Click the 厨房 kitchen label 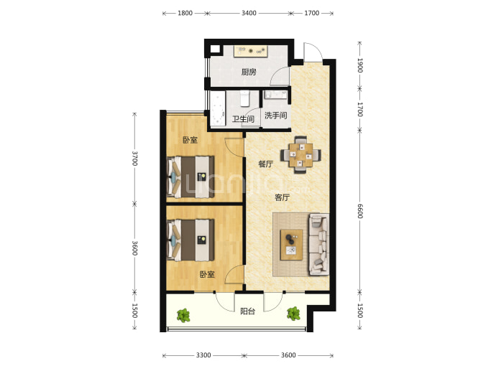click(x=249, y=72)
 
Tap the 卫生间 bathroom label click(x=243, y=119)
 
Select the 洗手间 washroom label click(x=276, y=116)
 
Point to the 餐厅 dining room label click(x=266, y=164)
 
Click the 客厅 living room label click(x=283, y=197)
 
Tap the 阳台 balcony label click(x=248, y=311)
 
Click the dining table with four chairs click(x=300, y=155)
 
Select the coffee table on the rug click(x=291, y=245)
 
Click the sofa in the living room click(x=319, y=244)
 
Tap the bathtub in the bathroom click(x=218, y=109)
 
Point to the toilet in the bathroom click(x=245, y=98)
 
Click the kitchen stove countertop click(x=251, y=52)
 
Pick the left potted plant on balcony click(x=183, y=316)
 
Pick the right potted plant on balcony click(x=293, y=314)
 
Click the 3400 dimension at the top click(x=249, y=13)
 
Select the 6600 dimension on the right click(x=359, y=211)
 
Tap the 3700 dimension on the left click(x=134, y=158)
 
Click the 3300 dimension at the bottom click(x=203, y=355)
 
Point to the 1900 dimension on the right click(x=359, y=65)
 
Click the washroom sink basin click(x=276, y=95)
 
